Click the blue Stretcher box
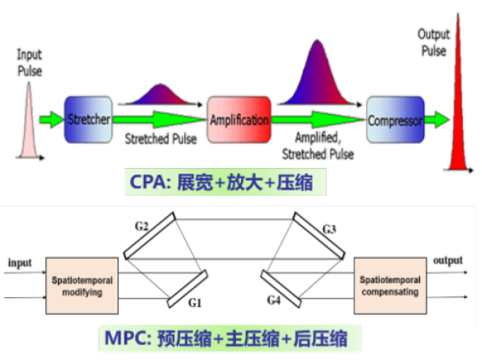[88, 121]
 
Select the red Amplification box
[239, 121]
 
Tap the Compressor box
[394, 121]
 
